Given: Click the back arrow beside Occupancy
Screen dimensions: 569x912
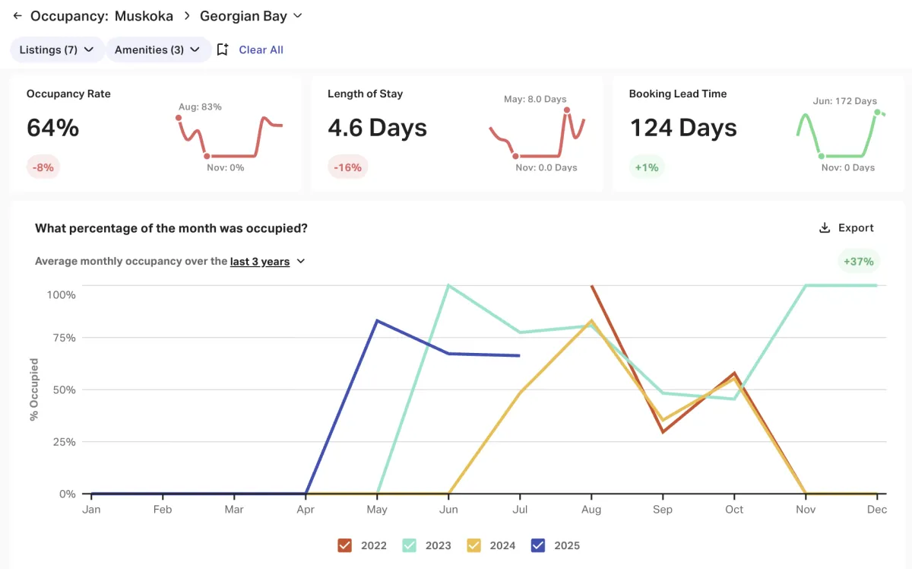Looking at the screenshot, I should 17,15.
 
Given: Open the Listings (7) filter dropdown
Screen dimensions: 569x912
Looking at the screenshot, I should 57,49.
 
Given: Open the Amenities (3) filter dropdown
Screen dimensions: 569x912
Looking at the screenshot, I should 157,49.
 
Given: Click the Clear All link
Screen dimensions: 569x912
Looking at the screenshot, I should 261,49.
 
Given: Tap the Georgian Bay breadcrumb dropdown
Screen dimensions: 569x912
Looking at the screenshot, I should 251,15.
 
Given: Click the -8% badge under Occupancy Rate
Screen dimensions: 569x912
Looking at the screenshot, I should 43,167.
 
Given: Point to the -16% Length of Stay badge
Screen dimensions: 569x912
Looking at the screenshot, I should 348,167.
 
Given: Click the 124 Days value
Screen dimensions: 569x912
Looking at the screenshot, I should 682,128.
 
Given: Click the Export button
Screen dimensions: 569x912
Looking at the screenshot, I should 847,227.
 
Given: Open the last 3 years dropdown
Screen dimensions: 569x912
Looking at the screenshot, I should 268,261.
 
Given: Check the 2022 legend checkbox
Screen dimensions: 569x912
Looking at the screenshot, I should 345,545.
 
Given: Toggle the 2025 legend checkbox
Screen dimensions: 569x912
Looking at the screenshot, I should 539,545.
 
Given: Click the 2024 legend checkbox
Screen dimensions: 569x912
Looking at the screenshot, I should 474,545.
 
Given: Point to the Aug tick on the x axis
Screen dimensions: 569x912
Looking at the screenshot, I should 591,509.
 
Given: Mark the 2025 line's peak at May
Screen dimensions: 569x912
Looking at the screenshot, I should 377,320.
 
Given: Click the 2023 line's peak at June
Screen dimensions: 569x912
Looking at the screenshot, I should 448,285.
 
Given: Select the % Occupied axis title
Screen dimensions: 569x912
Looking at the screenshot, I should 34,389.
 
